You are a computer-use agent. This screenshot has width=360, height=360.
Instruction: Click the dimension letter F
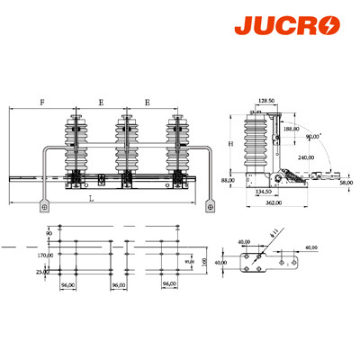42,103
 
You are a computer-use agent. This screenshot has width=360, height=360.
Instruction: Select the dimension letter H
232,144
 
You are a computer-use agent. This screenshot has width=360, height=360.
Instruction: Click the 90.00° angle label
316,137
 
